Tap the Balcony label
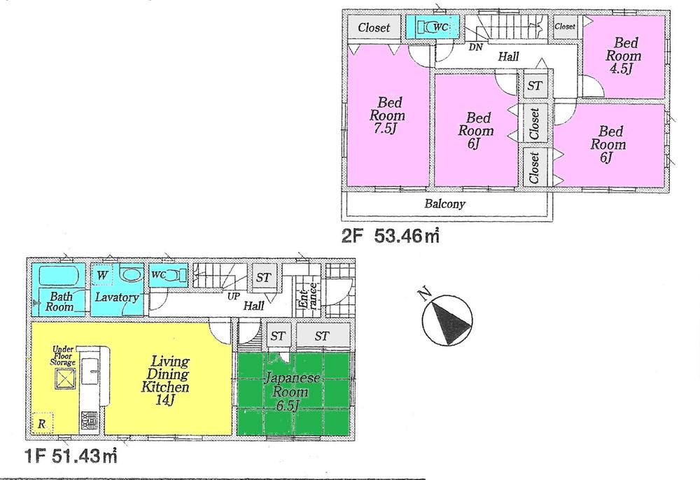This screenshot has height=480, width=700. (444, 204)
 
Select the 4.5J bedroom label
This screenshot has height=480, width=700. (620, 56)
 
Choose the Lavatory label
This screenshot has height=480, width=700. (117, 297)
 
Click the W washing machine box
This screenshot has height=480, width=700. (102, 274)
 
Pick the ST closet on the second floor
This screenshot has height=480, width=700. (535, 85)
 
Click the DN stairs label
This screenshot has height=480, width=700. (476, 48)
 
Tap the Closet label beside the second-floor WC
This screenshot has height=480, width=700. (374, 28)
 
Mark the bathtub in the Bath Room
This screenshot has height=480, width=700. (58, 274)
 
